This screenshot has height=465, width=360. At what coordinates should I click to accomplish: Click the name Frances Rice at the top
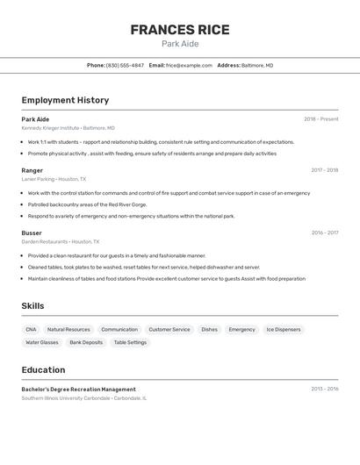[180, 29]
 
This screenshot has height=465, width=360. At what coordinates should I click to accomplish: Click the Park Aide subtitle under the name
[180, 44]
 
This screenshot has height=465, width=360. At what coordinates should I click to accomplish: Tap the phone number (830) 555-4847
[125, 65]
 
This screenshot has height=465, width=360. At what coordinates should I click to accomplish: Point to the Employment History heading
[65, 100]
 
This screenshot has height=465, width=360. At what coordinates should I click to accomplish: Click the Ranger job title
[32, 170]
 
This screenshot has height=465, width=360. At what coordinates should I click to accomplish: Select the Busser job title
[32, 232]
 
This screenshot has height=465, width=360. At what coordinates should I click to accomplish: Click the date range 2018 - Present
[320, 119]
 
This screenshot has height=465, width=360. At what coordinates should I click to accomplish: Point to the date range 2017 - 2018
[324, 170]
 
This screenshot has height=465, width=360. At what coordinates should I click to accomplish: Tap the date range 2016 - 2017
[324, 232]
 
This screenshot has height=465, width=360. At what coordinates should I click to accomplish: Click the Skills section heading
[33, 305]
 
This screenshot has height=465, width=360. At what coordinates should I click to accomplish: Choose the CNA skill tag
[31, 329]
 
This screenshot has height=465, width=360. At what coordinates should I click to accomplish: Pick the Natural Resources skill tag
[68, 329]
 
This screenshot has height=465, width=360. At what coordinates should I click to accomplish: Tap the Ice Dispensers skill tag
[283, 329]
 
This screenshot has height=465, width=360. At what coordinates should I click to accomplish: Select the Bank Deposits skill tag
[86, 342]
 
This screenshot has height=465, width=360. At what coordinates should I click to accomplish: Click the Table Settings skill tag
[130, 342]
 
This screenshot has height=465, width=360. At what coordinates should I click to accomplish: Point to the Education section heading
[43, 369]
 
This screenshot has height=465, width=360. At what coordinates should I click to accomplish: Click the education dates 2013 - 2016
[324, 389]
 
